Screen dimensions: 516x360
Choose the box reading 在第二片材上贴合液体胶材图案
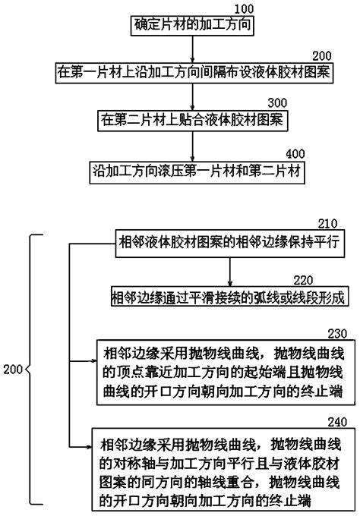(x=193, y=120)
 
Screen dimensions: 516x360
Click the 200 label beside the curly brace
(x=14, y=371)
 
